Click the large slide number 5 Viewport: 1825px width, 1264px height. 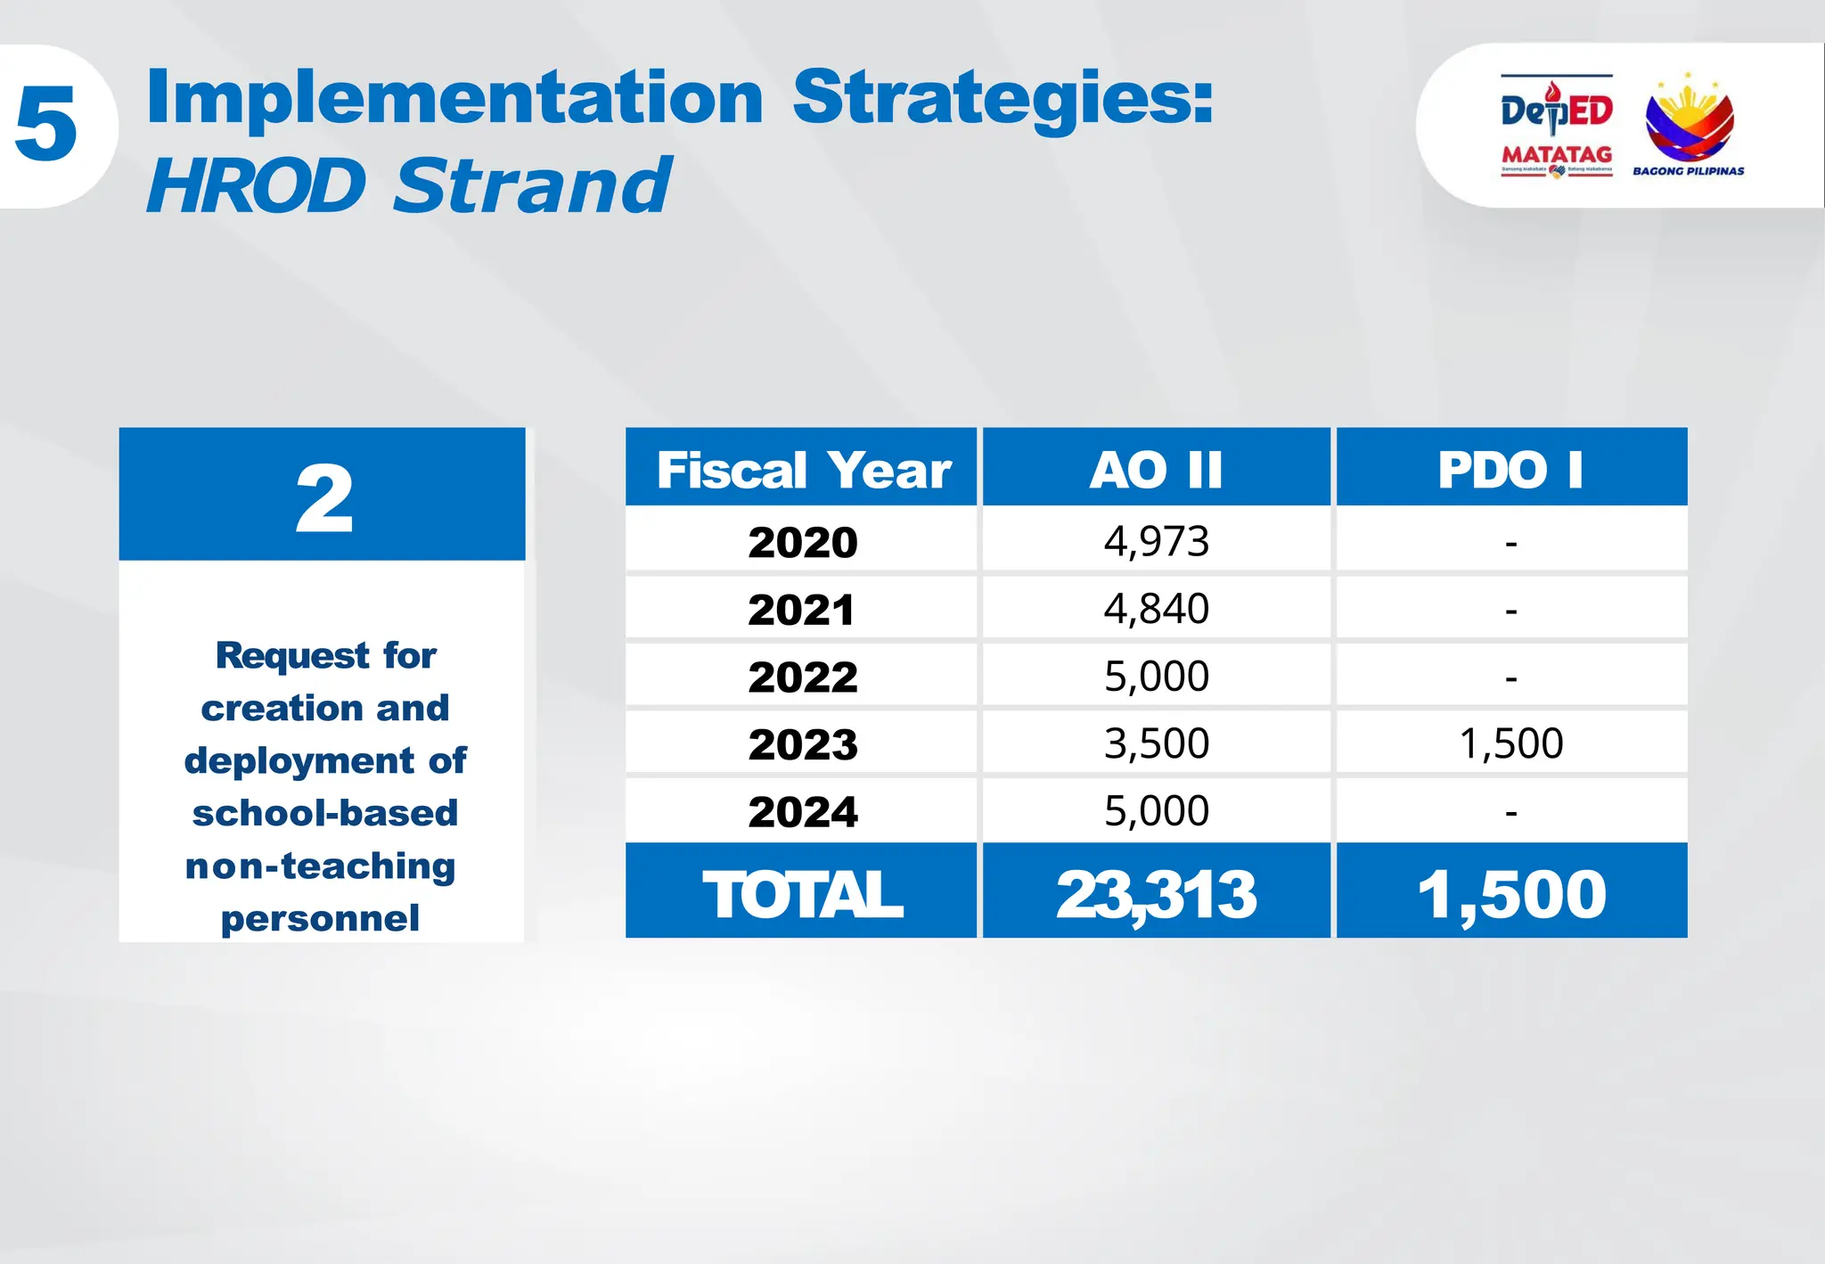point(46,125)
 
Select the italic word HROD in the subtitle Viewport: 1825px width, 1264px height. point(257,185)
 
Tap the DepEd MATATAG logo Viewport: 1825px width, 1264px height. point(1556,127)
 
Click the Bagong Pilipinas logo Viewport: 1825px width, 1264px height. point(1688,125)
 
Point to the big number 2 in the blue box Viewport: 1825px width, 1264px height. point(323,499)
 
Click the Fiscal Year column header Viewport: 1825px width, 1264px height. point(803,470)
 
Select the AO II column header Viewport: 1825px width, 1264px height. point(1156,470)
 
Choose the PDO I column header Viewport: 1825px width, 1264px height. point(1510,470)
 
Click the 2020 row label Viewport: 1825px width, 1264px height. point(802,542)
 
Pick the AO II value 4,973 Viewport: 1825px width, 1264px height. point(1156,541)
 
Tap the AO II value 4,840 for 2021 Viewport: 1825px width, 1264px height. point(1156,609)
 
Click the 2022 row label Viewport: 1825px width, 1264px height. point(802,677)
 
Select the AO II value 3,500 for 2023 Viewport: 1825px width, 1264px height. point(1156,743)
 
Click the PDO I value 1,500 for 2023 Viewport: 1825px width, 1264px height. point(1510,743)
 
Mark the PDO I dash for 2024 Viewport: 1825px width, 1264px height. point(1510,812)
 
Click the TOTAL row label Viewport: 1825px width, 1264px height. point(802,894)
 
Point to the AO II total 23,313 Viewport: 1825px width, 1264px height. point(1156,894)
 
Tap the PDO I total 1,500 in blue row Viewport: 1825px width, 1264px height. point(1510,894)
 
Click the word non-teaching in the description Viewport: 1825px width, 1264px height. point(320,866)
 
